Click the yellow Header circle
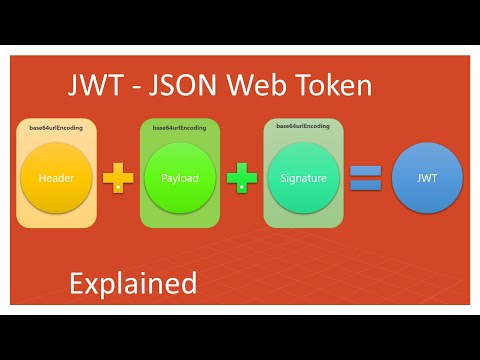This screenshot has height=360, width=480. pyautogui.click(x=57, y=178)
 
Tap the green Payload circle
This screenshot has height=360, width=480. pyautogui.click(x=180, y=178)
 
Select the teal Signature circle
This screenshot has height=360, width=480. pyautogui.click(x=303, y=178)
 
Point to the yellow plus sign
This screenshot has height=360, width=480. pyautogui.click(x=119, y=179)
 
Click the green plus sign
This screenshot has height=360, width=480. pyautogui.click(x=241, y=179)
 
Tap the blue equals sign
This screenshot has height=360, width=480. pyautogui.click(x=365, y=179)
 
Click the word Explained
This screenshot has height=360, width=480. pyautogui.click(x=133, y=283)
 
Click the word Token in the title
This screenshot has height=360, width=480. pyautogui.click(x=331, y=87)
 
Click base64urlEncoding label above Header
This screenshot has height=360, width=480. pyautogui.click(x=56, y=129)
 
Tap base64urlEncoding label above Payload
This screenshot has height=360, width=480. pyautogui.click(x=180, y=128)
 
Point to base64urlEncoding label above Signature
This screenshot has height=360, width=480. pyautogui.click(x=303, y=126)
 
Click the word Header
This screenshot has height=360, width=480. pyautogui.click(x=57, y=178)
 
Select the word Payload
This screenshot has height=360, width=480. pyautogui.click(x=180, y=178)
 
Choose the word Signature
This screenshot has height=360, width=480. pyautogui.click(x=303, y=178)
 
